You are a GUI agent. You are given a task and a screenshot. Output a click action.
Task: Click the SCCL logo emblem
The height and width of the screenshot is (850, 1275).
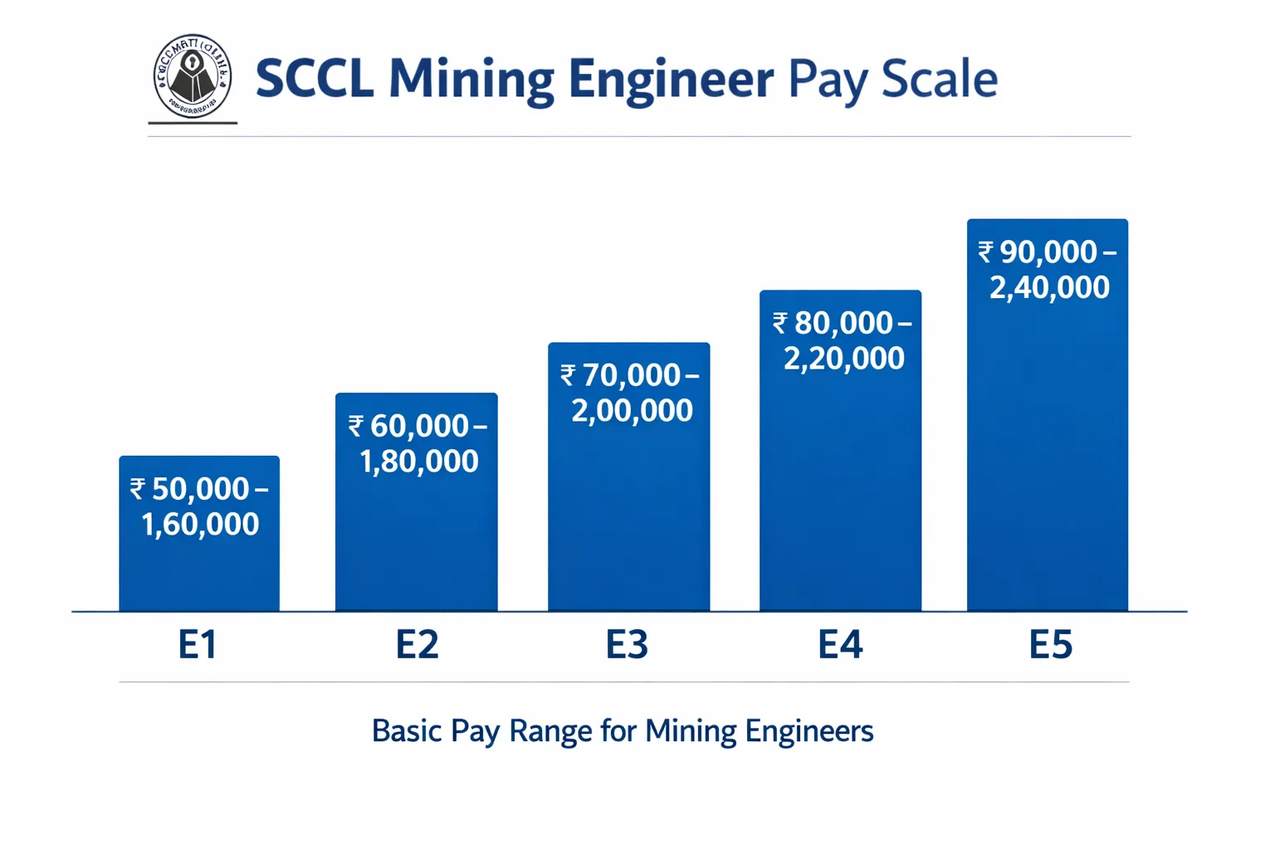coord(193,76)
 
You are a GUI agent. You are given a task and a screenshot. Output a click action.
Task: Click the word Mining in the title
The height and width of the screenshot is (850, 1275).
coord(471,80)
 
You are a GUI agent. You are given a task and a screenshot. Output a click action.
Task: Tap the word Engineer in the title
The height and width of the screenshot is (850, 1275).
coord(671,80)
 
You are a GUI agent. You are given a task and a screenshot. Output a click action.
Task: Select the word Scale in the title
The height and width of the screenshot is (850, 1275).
coord(939,80)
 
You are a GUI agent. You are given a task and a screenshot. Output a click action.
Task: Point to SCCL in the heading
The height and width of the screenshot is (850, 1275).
coord(314,80)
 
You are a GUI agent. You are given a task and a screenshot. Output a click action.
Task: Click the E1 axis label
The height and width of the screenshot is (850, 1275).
coord(198,645)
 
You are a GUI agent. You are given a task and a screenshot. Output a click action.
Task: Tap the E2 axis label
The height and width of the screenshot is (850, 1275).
coord(417,645)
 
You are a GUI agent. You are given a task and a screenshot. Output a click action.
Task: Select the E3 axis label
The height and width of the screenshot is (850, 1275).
coord(627,645)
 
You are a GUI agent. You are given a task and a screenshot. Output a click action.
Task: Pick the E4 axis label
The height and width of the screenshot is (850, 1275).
coord(840,645)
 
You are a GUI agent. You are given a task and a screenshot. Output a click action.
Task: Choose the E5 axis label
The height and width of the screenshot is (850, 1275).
coord(1051,645)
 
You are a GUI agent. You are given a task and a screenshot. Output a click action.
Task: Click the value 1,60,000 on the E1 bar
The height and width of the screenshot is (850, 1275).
coord(200,525)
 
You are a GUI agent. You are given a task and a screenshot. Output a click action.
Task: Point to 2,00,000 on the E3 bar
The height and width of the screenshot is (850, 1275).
coord(632,411)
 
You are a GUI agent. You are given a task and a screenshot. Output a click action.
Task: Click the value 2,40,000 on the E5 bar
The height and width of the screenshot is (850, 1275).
coord(1049,288)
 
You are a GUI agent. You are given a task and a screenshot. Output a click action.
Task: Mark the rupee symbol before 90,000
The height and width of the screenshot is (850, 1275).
coord(985,252)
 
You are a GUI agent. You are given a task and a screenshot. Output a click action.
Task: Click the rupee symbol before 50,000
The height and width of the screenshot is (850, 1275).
coord(138,489)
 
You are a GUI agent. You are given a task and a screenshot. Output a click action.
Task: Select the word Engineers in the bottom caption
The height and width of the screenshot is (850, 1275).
coord(808,731)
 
